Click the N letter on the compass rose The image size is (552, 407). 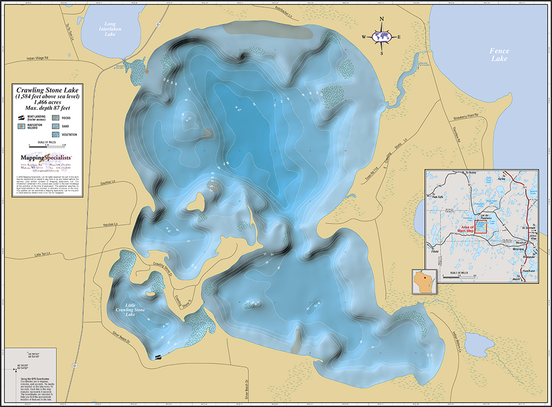382,19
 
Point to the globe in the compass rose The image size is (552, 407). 381,37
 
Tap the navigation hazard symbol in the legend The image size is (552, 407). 24,126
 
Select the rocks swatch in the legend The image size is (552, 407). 55,118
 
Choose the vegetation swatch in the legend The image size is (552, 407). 55,134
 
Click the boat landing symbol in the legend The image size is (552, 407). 24,118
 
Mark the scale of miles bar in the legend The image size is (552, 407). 47,147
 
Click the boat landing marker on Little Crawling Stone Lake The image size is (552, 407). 157,357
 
